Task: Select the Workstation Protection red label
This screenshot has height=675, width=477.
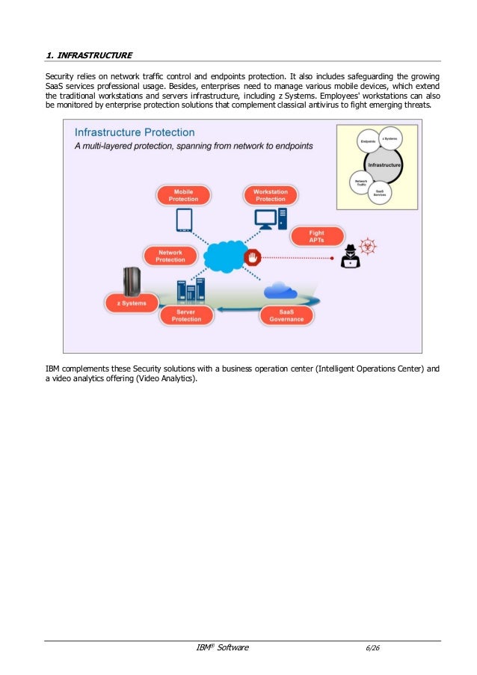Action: [271, 196]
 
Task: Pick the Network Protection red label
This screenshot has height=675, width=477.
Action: [170, 256]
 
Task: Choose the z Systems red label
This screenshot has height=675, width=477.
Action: [132, 303]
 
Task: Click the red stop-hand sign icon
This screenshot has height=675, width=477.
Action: [254, 258]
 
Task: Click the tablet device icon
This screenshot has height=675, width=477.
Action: [184, 221]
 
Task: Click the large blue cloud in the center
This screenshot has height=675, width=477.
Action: [224, 256]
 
